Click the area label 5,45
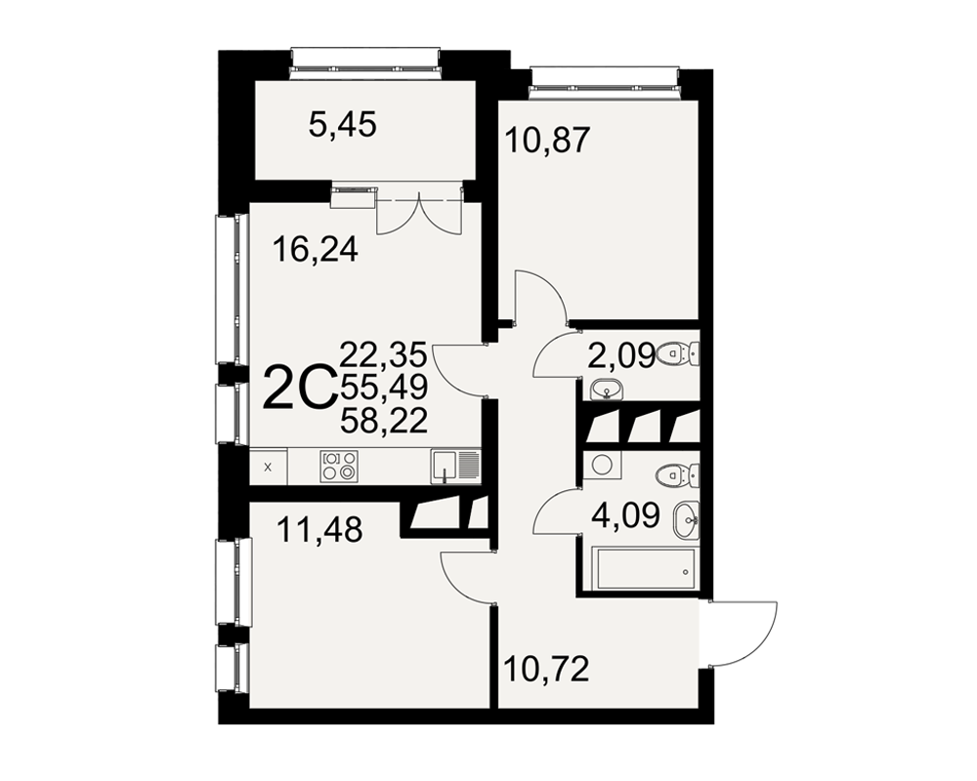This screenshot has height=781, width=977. click(x=343, y=126)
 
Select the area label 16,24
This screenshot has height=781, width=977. click(x=316, y=250)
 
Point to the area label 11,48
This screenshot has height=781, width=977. click(x=319, y=531)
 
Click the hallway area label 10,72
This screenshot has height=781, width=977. click(x=546, y=670)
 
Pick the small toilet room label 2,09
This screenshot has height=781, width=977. click(x=621, y=356)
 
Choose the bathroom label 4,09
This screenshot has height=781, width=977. click(x=625, y=515)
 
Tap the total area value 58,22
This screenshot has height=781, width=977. click(x=384, y=421)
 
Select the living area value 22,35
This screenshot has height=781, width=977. click(x=384, y=355)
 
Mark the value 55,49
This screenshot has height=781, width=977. click(x=384, y=388)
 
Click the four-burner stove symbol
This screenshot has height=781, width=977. click(x=340, y=466)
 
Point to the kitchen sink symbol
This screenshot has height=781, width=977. click(x=454, y=467)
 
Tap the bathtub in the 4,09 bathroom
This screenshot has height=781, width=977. click(x=646, y=568)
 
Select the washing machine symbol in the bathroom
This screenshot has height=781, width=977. click(x=601, y=466)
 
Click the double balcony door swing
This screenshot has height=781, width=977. click(x=419, y=214)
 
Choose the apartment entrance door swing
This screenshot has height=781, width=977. click(x=743, y=634)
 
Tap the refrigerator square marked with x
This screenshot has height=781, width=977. click(x=269, y=467)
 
